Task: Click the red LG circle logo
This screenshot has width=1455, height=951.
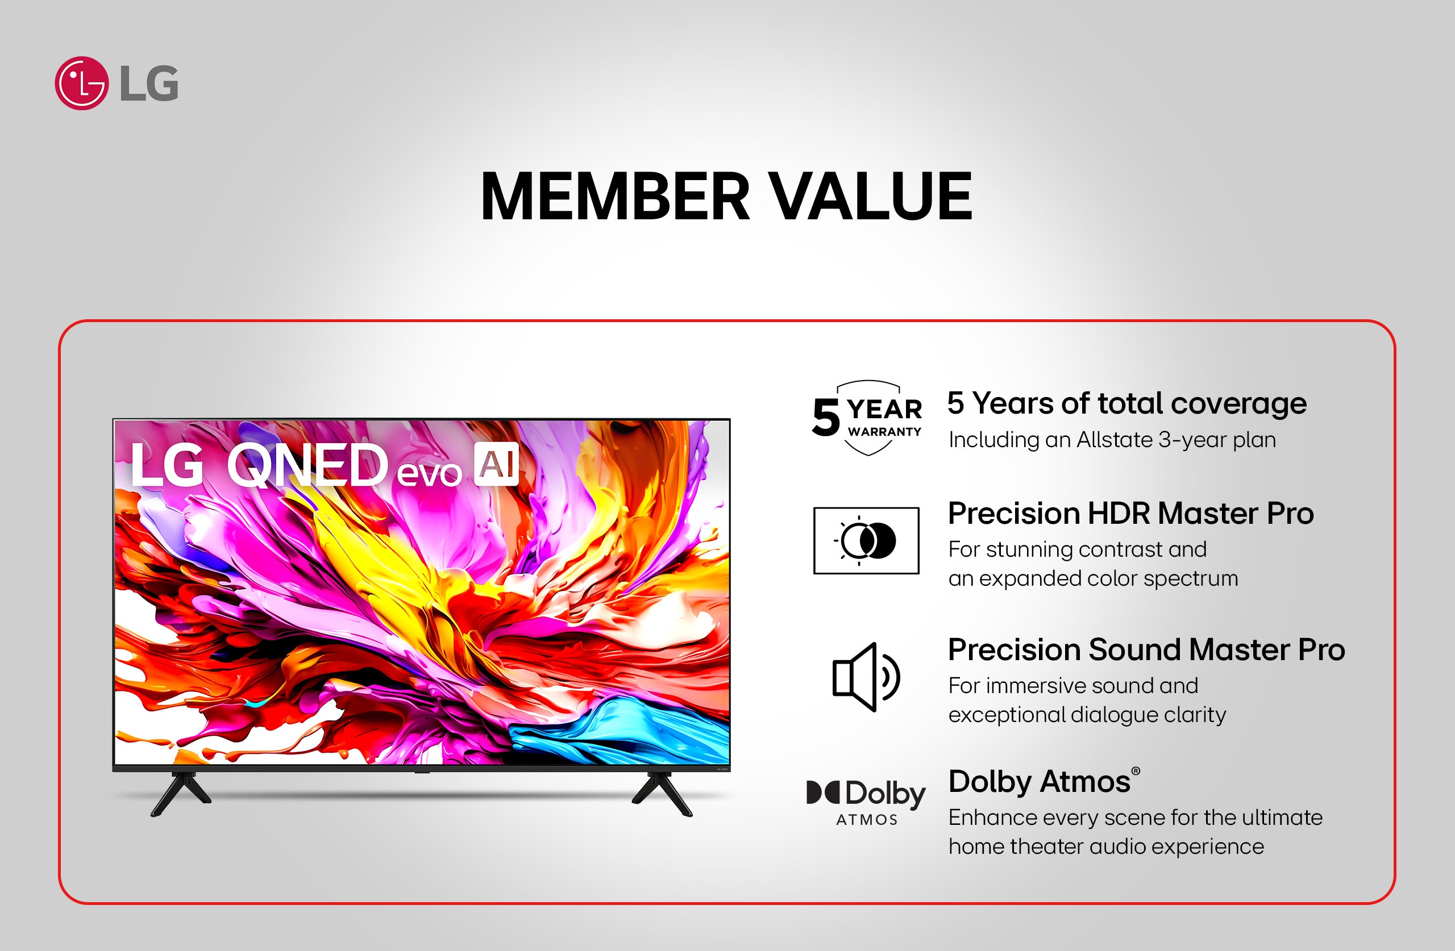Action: point(81,83)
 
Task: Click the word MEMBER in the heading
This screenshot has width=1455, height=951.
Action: point(614,196)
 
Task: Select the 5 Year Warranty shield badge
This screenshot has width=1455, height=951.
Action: point(867,419)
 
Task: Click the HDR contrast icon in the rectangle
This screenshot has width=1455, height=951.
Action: point(866,540)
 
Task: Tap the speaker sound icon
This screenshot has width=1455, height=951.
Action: point(866,677)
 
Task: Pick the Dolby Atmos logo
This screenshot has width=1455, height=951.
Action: point(866,801)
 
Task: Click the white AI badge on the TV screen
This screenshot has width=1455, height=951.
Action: point(496,464)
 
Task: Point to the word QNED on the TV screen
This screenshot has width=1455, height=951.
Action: point(307,466)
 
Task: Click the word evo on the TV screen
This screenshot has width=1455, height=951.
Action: point(429,473)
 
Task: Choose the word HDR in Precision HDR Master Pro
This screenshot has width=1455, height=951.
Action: point(1118,514)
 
